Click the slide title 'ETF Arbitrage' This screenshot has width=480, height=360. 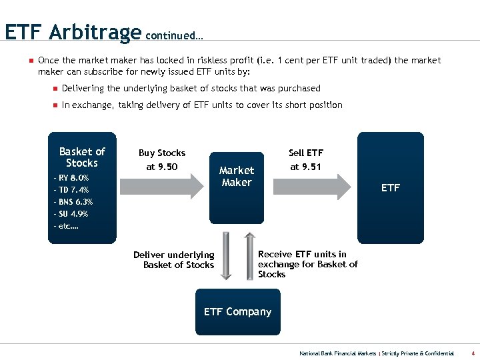pyautogui.click(x=72, y=32)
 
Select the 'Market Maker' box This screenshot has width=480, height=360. pyautogui.click(x=236, y=177)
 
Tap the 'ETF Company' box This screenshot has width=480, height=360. pyautogui.click(x=237, y=311)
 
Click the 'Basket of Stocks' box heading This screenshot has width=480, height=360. pyautogui.click(x=82, y=157)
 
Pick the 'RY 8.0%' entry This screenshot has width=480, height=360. pyautogui.click(x=71, y=178)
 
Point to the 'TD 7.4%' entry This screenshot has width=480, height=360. pyautogui.click(x=71, y=190)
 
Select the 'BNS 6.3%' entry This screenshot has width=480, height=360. pyautogui.click(x=73, y=202)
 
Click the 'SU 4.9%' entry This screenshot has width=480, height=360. pyautogui.click(x=71, y=214)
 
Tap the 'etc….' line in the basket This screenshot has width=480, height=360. pyautogui.click(x=66, y=226)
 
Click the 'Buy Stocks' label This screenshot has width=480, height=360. pyautogui.click(x=162, y=153)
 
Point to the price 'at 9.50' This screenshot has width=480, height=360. pyautogui.click(x=162, y=167)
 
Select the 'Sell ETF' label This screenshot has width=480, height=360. pyautogui.click(x=306, y=153)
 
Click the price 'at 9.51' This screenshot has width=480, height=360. pyautogui.click(x=306, y=167)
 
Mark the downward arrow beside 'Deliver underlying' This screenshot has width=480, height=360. pyautogui.click(x=226, y=256)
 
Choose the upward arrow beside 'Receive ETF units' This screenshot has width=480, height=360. pyautogui.click(x=249, y=256)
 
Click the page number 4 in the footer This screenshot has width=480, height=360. pyautogui.click(x=473, y=353)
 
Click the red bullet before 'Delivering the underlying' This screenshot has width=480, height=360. pyautogui.click(x=56, y=88)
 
